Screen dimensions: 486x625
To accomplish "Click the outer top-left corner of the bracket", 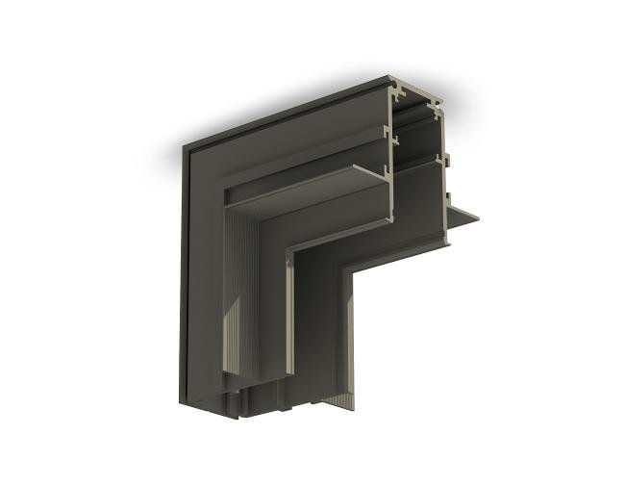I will coord(184,145).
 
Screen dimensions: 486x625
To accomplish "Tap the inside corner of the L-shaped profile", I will coord(347,271).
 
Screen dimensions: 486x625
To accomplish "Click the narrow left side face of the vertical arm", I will coord(181,279).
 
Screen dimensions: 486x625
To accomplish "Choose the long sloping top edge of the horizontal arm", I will coord(288,111).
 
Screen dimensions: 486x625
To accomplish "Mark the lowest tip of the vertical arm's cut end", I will coord(231,417).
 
